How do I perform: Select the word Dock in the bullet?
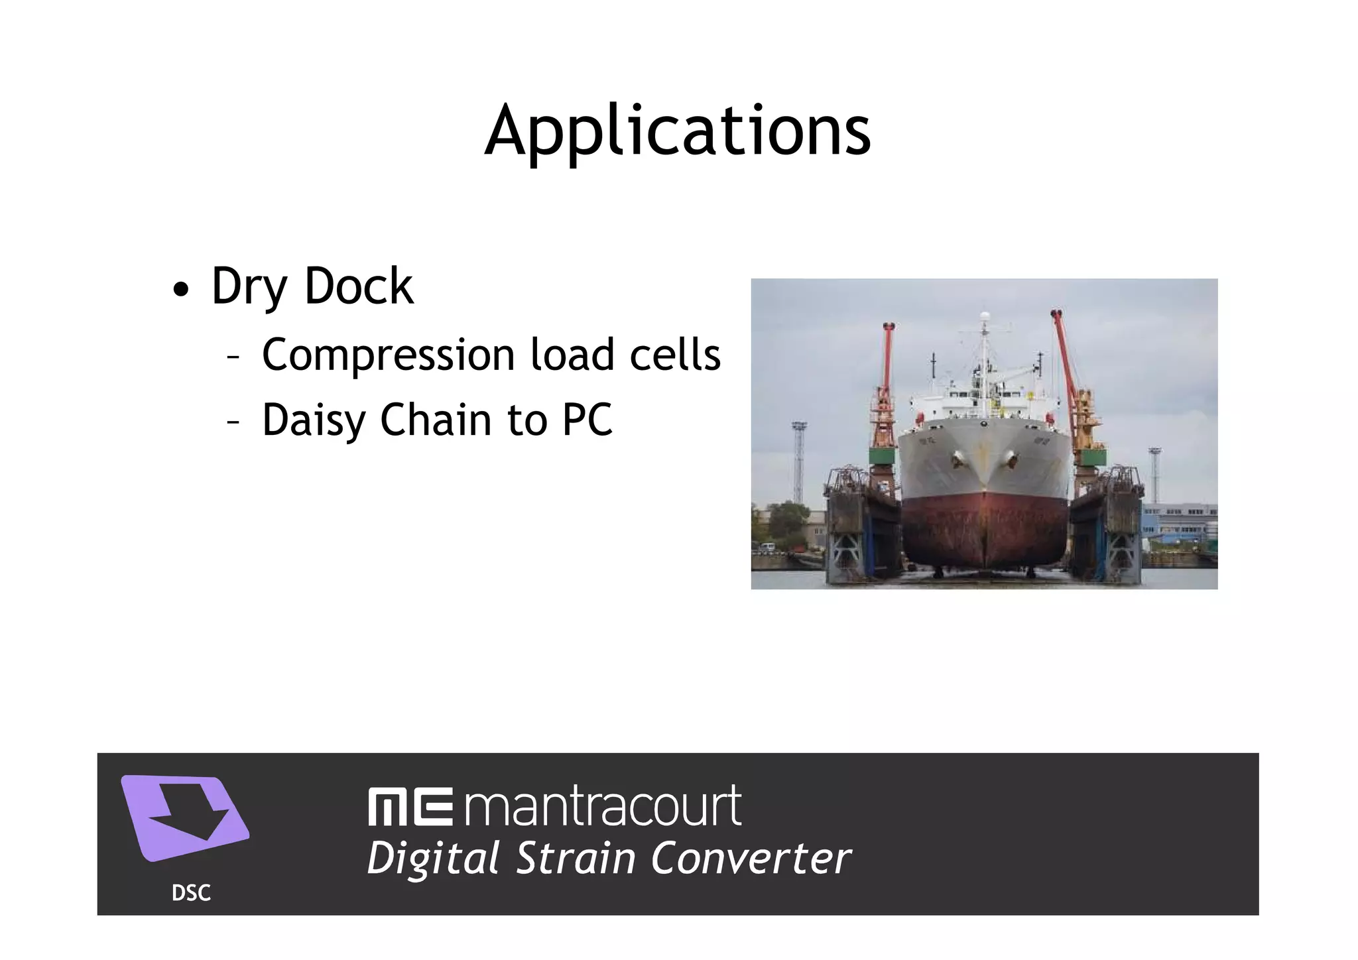point(358,287)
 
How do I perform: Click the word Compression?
point(388,356)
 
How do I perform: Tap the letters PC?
point(587,420)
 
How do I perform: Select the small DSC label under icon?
point(191,894)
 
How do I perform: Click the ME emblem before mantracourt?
point(410,807)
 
